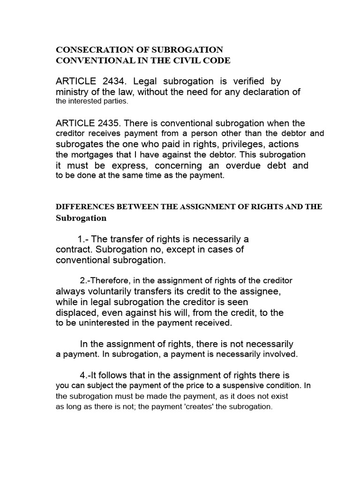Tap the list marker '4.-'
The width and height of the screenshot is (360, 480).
[x=87, y=375]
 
